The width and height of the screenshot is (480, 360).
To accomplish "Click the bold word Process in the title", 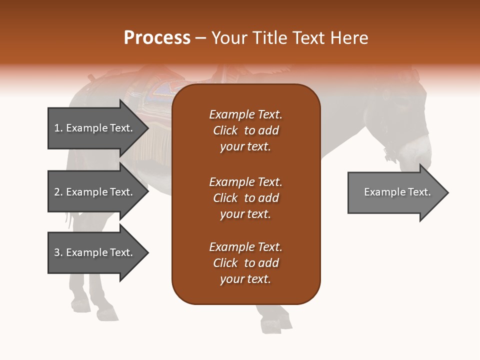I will [x=157, y=37].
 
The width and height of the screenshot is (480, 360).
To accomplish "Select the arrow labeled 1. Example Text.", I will [x=95, y=128].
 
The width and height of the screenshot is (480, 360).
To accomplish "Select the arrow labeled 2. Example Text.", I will [x=95, y=192].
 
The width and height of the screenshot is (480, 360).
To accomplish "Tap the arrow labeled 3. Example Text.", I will [x=95, y=252].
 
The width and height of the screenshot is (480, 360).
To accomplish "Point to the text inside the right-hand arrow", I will [x=397, y=192].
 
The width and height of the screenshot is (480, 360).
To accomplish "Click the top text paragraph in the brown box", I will [x=245, y=130].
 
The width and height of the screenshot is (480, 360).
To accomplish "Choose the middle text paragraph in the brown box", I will [x=245, y=198].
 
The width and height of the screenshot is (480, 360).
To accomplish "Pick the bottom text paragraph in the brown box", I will [x=245, y=263].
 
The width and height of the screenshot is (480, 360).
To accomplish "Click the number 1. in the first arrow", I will [x=58, y=128].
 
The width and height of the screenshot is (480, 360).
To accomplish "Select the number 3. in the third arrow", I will [x=58, y=252].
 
